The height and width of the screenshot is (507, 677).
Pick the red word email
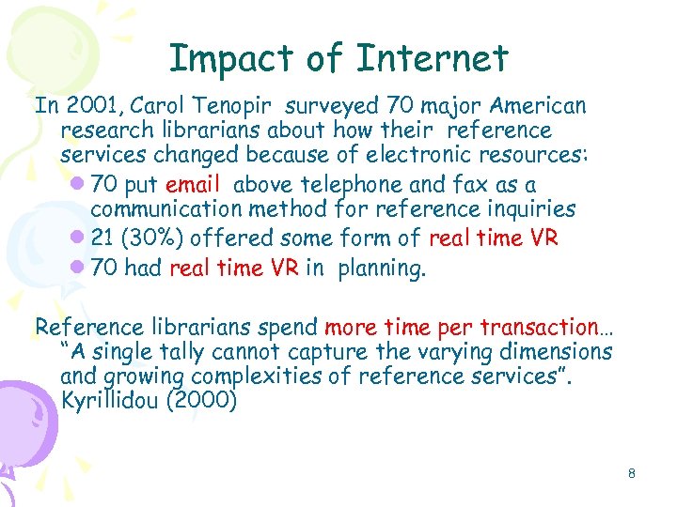(x=192, y=184)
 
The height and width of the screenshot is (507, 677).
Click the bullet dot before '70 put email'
(x=77, y=185)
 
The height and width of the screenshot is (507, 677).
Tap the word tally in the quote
(x=179, y=352)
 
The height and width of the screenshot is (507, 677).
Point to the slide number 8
(x=632, y=474)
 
